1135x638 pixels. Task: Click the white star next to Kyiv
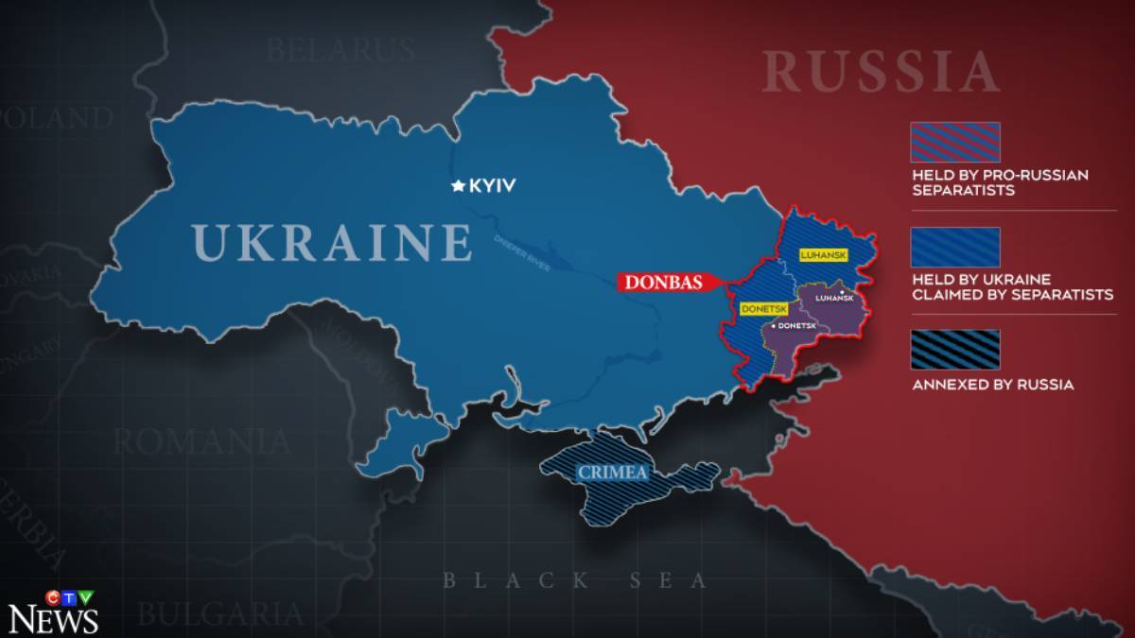(x=459, y=186)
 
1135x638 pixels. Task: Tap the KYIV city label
(x=492, y=186)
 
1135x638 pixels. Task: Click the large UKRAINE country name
(x=332, y=243)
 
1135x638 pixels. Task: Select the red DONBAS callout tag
(x=662, y=282)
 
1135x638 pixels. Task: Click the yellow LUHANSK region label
(x=823, y=255)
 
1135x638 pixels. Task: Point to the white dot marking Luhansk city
(x=842, y=292)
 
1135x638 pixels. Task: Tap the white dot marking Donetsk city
(x=774, y=325)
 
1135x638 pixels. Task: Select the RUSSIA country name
(x=881, y=73)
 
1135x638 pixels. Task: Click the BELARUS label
(x=340, y=49)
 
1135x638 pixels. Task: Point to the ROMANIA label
(x=201, y=440)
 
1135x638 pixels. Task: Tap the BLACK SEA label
(x=575, y=580)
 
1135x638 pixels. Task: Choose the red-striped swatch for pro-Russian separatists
(x=954, y=143)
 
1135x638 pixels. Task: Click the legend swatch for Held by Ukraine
(x=954, y=247)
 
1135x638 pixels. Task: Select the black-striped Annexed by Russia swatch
(x=954, y=350)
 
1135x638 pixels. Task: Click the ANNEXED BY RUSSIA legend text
(x=992, y=385)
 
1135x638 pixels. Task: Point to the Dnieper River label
(x=521, y=253)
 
